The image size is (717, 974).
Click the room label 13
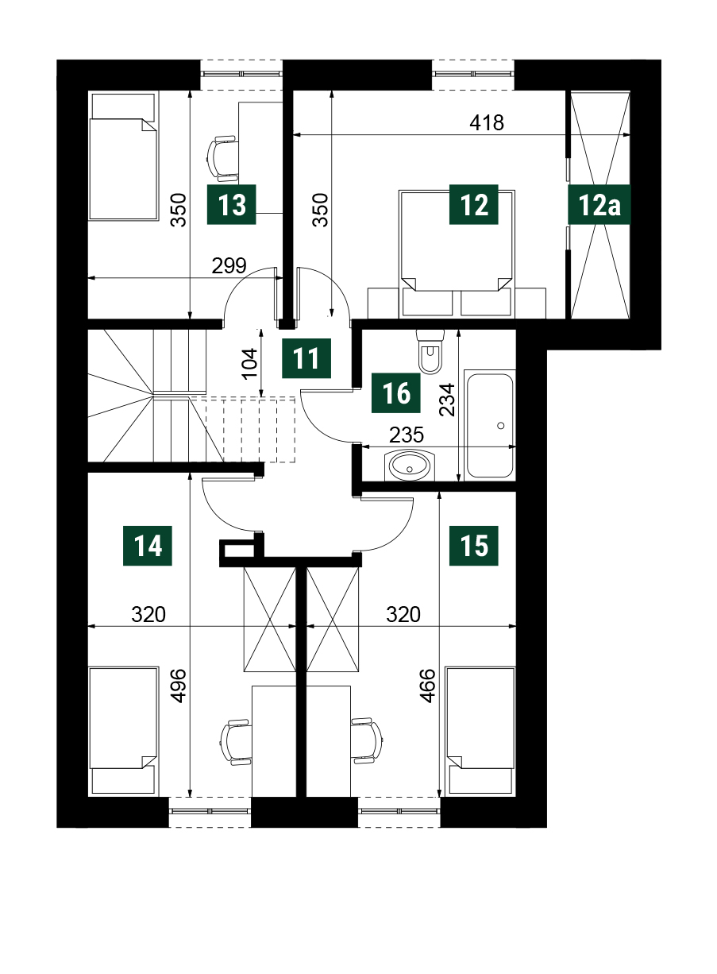coord(231,204)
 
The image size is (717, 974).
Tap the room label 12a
coord(599,204)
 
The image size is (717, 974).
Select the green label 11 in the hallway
coord(306,358)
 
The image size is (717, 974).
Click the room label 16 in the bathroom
coord(396,393)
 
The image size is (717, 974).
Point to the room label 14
coord(148,546)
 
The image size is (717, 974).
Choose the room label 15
coord(474,546)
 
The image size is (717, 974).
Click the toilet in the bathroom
coord(430,352)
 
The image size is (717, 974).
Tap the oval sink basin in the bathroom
coord(410,466)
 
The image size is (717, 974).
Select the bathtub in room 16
coord(490,426)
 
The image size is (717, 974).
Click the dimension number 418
coord(487,123)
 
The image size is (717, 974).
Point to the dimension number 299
coord(229,265)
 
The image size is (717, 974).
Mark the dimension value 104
coord(250,364)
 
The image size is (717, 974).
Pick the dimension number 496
coord(179,686)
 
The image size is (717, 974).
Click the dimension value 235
coord(407,435)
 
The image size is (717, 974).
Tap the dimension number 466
coord(428,686)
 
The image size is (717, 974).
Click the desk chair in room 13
coord(222,158)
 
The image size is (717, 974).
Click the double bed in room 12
coord(457,253)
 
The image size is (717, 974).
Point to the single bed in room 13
coord(122,157)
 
